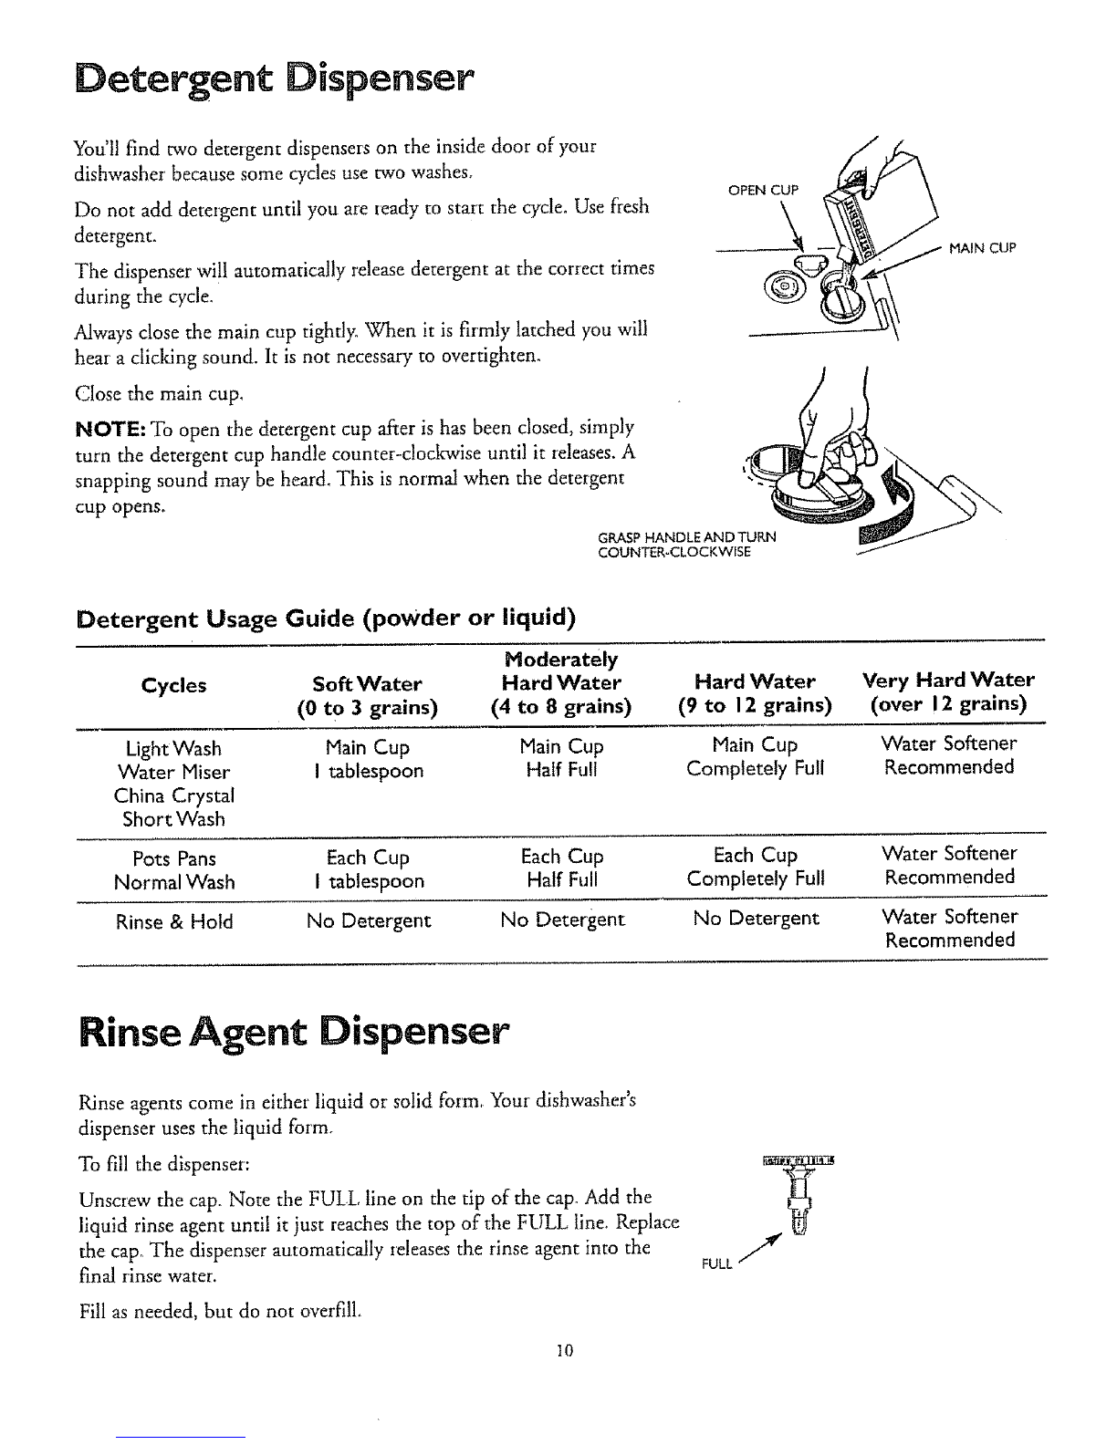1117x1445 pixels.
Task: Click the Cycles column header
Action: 173,685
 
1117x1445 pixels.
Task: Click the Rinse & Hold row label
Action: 173,922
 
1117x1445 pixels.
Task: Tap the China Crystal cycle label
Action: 173,795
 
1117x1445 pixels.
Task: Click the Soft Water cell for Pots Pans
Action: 367,869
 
